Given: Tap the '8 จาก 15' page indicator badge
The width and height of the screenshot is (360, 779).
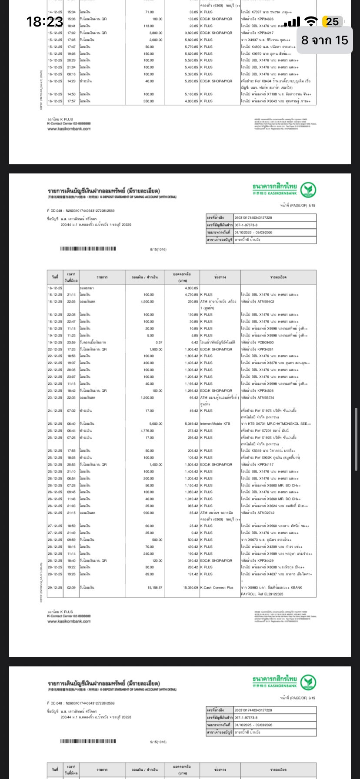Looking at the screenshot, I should tap(325, 40).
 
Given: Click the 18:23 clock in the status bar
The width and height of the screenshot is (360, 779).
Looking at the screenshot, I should tap(44, 21).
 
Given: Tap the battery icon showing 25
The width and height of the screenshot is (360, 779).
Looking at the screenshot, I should tap(332, 22).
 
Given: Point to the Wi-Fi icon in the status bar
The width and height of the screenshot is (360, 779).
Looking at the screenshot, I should tap(311, 22).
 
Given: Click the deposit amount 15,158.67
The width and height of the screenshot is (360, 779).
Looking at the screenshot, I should tap(154, 587).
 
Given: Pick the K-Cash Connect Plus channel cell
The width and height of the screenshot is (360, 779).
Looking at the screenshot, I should tap(217, 587).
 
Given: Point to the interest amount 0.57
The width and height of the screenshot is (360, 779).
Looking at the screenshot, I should tap(159, 342).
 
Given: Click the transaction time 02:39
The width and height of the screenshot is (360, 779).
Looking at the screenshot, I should tap(71, 587).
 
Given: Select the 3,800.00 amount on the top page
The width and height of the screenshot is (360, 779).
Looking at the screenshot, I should tap(155, 33).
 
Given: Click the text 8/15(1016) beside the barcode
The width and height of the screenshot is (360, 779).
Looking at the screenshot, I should tap(158, 250).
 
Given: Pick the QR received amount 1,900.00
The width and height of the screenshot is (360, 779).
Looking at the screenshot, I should tap(155, 349).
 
